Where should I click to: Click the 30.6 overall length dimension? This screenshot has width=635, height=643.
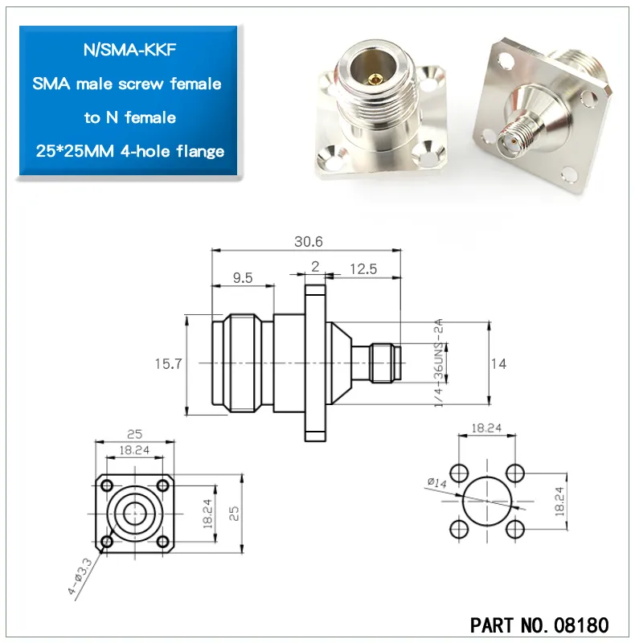309,242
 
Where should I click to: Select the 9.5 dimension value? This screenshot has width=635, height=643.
243,277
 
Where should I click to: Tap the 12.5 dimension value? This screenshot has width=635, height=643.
363,269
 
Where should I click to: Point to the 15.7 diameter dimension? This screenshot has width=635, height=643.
168,364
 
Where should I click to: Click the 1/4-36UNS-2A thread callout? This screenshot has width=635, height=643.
439,362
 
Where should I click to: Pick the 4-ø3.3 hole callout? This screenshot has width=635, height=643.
80,575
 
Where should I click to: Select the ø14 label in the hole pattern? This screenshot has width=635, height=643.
436,482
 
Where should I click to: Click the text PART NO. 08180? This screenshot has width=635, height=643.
539,625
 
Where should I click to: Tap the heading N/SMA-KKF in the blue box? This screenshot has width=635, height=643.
129,50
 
